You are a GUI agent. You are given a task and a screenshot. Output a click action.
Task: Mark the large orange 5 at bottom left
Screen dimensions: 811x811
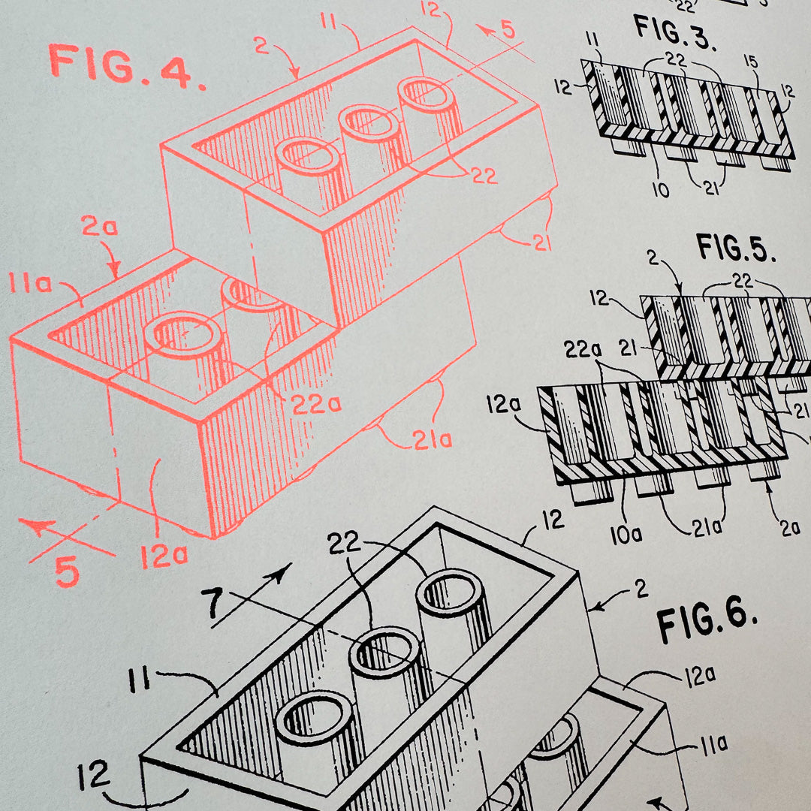(66, 573)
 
